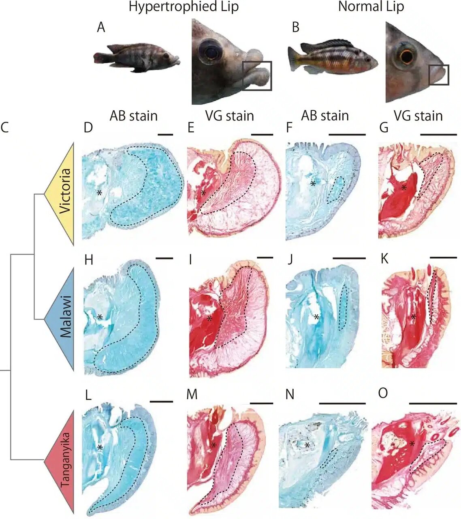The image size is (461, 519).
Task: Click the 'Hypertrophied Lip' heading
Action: [183, 7]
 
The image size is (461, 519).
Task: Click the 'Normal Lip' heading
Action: [371, 7]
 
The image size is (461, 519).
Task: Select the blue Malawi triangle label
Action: [65, 318]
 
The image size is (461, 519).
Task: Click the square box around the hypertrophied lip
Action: [257, 76]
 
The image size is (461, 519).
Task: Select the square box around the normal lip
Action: [438, 75]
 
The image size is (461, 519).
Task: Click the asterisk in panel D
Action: [99, 193]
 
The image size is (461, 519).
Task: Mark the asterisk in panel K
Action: [413, 317]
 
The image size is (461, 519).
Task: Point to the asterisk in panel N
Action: [307, 445]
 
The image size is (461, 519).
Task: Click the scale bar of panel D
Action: [165, 133]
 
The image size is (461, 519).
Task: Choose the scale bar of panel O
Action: [433, 403]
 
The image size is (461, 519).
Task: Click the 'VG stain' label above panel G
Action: [419, 116]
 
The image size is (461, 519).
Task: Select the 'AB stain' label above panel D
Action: [133, 116]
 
